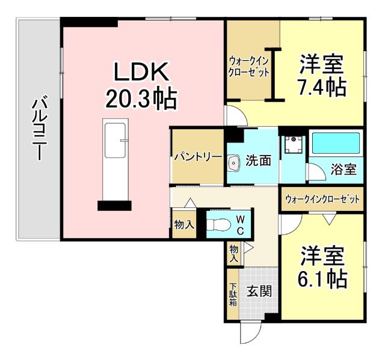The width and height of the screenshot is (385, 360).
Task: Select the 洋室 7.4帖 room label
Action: coord(322,75)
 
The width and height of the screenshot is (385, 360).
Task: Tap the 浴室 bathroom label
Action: coord(343,169)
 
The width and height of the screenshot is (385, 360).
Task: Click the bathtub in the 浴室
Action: coord(336,145)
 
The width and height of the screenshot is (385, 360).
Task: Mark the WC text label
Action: coord(239,224)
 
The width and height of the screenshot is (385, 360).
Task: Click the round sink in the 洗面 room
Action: coord(235,162)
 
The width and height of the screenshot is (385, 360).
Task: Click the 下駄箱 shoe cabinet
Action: coord(233,295)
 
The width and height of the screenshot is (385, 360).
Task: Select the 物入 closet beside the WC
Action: coord(183,225)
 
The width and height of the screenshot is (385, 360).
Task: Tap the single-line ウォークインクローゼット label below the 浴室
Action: coord(321,198)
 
